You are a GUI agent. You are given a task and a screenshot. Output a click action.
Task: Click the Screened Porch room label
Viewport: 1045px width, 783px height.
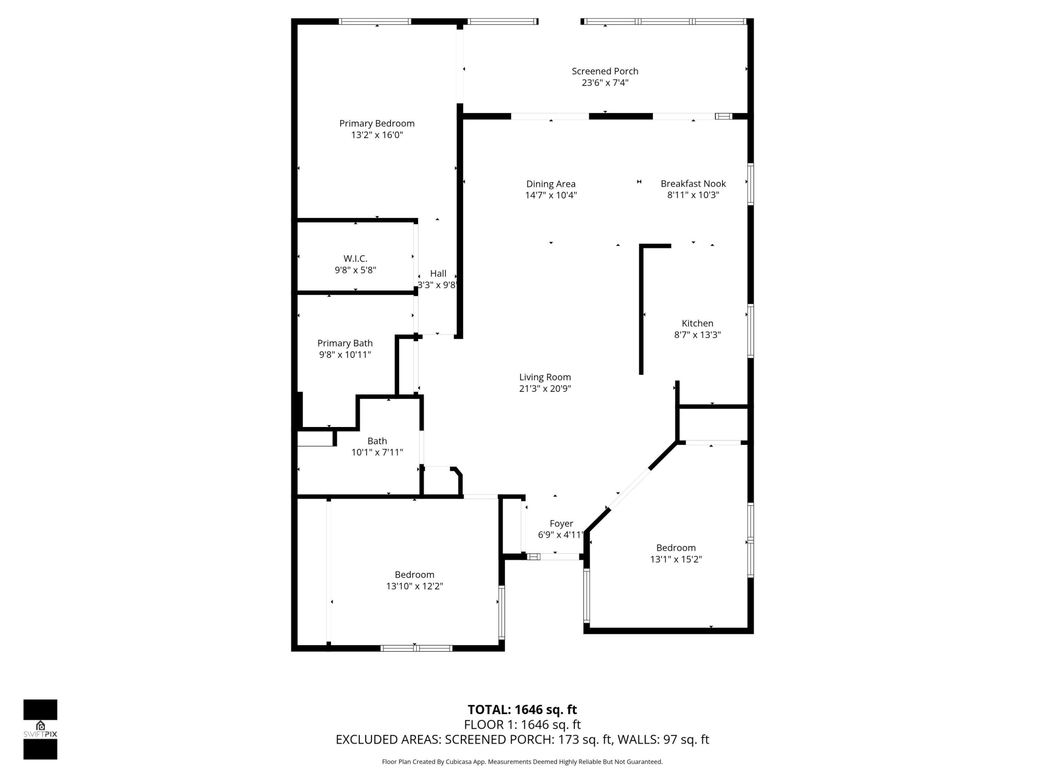point(605,71)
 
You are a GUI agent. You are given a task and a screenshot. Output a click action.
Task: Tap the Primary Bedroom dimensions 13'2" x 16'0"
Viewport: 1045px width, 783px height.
point(377,135)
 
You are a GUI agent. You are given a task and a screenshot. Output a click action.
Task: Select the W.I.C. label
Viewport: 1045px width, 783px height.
point(355,258)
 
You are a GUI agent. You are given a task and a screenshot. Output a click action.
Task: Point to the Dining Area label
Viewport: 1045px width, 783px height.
point(551,184)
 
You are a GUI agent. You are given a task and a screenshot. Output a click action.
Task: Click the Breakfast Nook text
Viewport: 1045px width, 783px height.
point(693,183)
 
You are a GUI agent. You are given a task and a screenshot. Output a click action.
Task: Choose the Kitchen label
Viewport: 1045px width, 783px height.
point(697,323)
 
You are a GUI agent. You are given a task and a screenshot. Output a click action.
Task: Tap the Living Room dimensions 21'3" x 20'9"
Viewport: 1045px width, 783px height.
point(545,389)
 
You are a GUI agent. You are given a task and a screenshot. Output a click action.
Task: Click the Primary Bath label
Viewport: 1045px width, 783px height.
point(345,343)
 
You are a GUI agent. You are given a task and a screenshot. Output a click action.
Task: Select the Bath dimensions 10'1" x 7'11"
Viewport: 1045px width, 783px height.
point(377,452)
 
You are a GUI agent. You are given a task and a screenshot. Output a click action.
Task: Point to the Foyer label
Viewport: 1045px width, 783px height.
point(561,523)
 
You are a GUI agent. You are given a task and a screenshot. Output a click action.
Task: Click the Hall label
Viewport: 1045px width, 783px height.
point(438,273)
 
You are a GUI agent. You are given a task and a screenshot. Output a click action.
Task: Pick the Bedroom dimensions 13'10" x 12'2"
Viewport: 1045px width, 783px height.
point(414,586)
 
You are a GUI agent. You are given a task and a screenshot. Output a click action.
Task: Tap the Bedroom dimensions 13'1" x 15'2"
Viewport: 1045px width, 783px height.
point(676,559)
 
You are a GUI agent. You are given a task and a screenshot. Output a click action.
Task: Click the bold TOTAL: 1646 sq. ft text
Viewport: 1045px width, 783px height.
point(522,709)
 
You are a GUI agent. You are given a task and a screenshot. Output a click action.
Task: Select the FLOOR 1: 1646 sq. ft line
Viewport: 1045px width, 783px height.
point(522,725)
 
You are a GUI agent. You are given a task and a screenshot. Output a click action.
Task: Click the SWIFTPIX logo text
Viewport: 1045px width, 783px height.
point(40,734)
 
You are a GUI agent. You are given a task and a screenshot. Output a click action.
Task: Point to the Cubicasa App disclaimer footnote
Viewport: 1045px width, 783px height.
point(522,761)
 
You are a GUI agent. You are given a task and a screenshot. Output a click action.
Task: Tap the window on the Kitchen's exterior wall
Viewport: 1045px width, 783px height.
point(750,331)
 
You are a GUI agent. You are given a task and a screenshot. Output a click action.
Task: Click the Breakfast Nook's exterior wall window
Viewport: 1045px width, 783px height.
point(750,184)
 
